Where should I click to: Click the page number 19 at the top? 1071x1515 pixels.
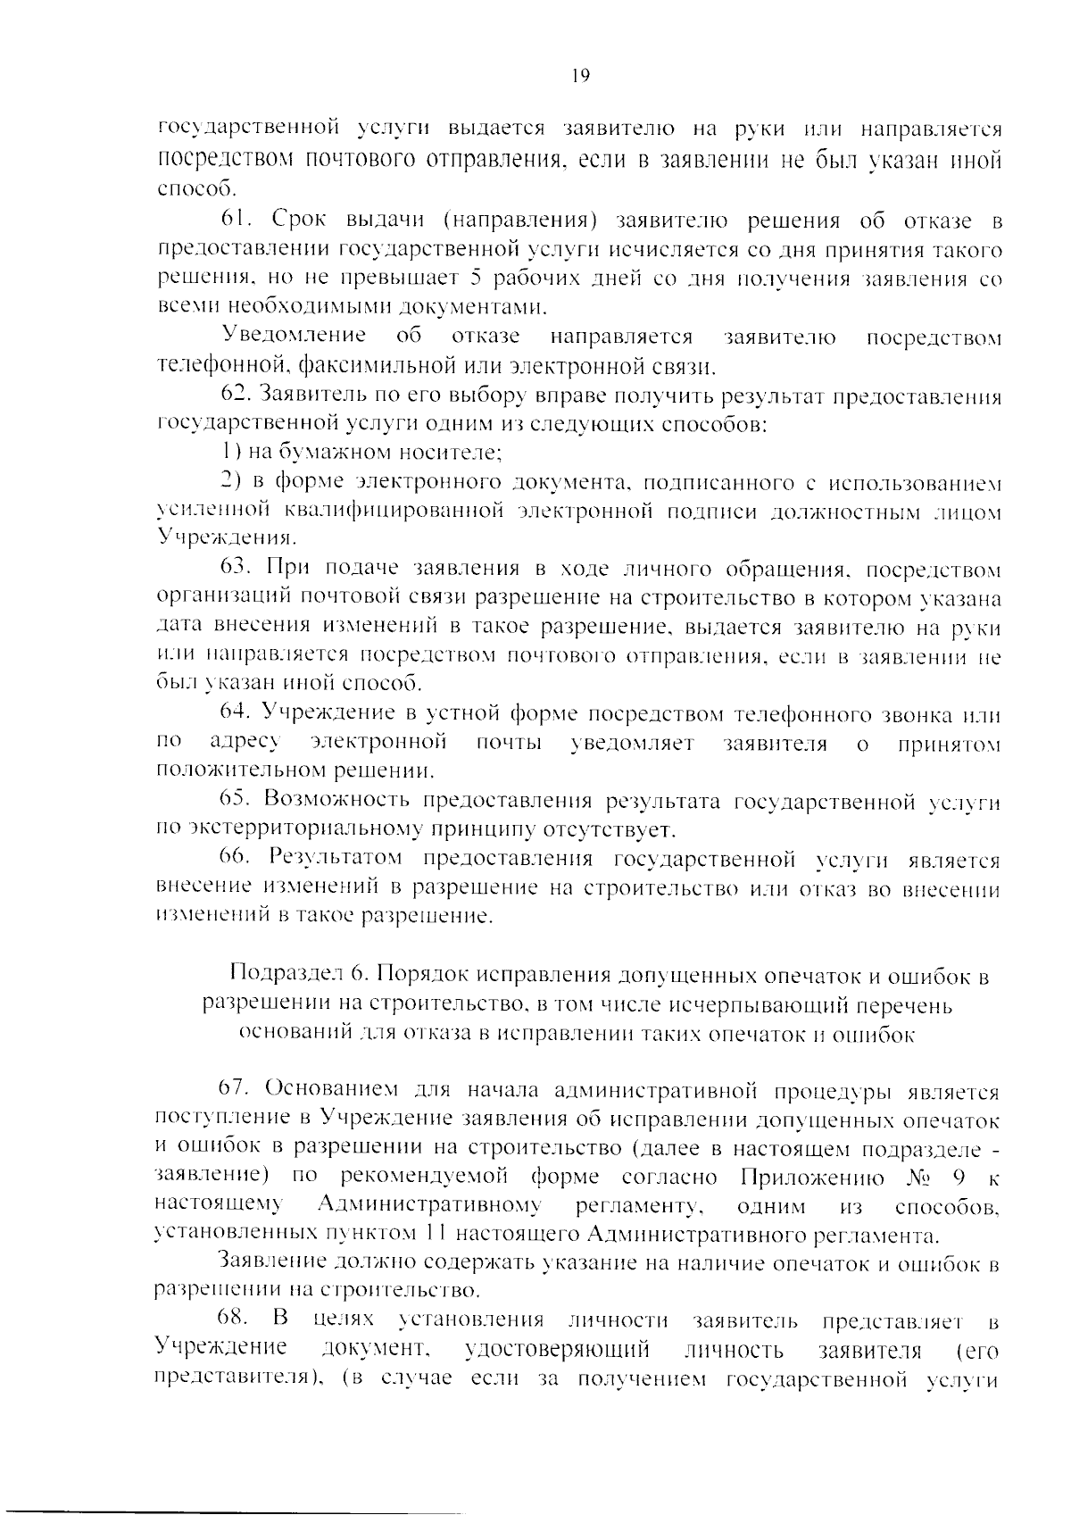coord(579,76)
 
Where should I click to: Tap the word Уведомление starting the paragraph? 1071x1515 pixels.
coord(295,337)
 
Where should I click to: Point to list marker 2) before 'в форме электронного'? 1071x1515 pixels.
coord(232,482)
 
